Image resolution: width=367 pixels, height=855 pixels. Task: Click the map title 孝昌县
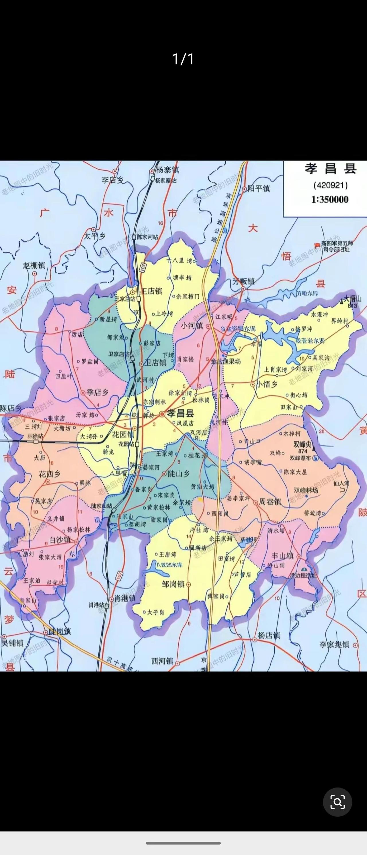330,169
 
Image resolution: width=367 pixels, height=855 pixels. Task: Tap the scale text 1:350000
330,200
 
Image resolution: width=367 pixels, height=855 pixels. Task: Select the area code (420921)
330,185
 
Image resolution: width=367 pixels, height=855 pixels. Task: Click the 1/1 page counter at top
183,59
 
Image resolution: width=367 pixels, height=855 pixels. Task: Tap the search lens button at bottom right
337,802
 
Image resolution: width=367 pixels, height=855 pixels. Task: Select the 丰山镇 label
282,555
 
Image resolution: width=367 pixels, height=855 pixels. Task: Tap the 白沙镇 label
60,540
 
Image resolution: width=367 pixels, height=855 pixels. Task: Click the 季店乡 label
97,392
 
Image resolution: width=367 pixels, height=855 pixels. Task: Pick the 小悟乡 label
267,384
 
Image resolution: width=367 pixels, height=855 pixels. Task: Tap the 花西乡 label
50,474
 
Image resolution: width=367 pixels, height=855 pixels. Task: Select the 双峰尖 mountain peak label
302,444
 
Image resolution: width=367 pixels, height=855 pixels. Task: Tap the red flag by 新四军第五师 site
317,244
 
